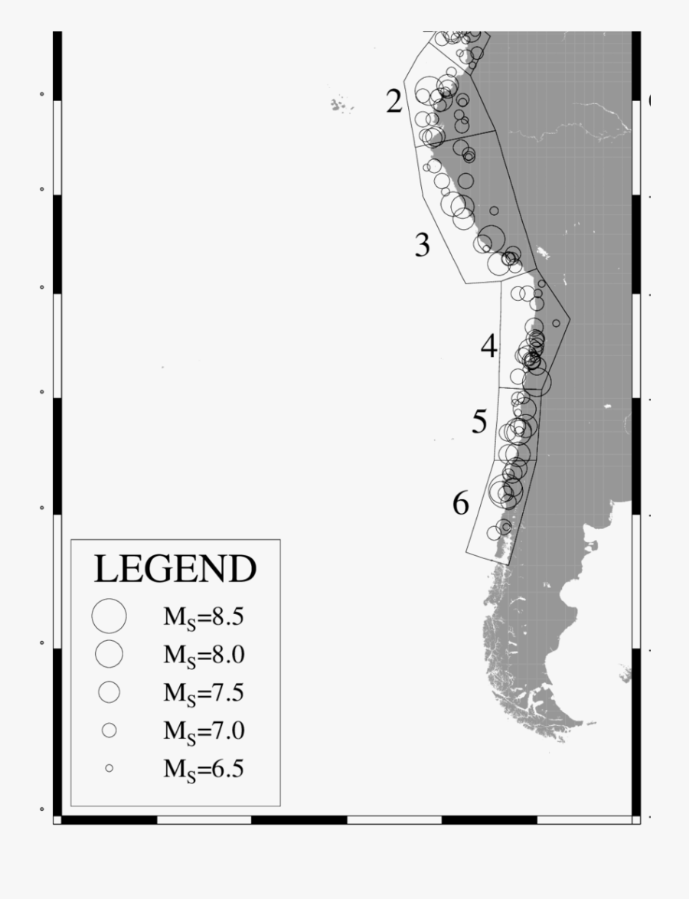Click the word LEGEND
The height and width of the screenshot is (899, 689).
click(x=175, y=569)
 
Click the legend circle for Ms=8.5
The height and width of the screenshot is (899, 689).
click(x=109, y=615)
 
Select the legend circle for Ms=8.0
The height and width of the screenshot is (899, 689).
click(x=109, y=653)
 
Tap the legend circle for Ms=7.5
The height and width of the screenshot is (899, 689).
click(x=109, y=691)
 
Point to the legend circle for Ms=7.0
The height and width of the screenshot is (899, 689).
click(x=109, y=731)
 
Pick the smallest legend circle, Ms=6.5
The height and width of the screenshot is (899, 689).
click(x=109, y=767)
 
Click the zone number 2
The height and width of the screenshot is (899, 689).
click(x=394, y=101)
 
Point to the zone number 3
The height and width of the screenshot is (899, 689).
click(x=423, y=246)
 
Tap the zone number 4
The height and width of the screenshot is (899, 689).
click(x=489, y=347)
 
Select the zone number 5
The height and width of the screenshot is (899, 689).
click(x=479, y=422)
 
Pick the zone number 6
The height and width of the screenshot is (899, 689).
click(x=460, y=504)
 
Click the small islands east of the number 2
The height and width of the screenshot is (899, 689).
click(x=342, y=105)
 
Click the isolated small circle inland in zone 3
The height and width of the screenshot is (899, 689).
click(x=494, y=211)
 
